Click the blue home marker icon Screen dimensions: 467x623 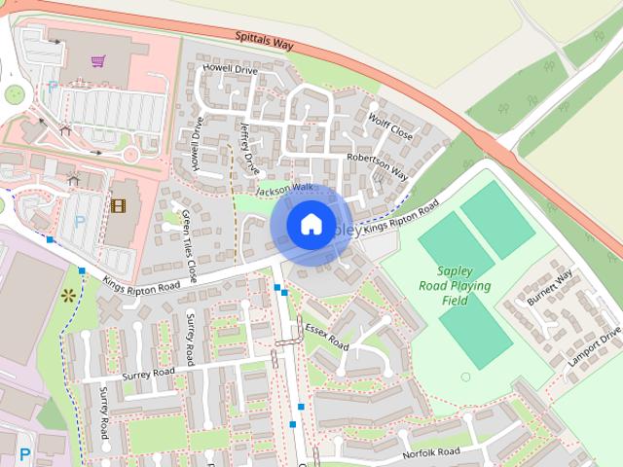311,225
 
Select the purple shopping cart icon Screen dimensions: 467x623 97,61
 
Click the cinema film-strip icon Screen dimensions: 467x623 118,205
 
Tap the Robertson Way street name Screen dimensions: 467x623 376,166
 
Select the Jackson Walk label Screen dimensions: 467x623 286,191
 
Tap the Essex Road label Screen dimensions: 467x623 325,336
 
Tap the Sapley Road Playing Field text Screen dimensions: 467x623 455,286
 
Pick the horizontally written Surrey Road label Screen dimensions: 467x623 148,373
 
